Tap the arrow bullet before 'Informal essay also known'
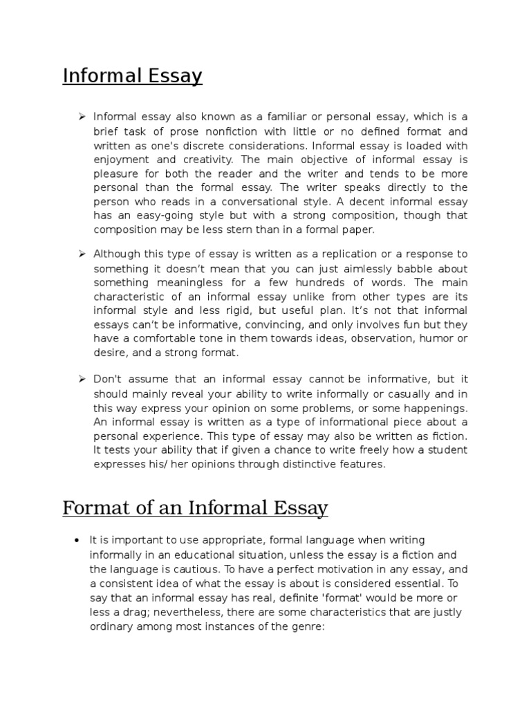click(81, 116)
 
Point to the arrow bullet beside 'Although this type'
click(81, 254)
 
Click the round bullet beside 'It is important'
click(77, 539)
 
